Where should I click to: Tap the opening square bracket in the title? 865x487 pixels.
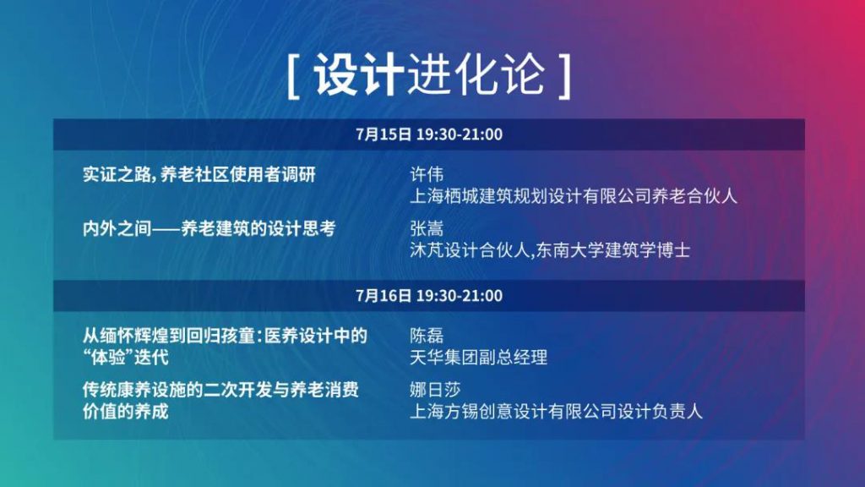(292, 76)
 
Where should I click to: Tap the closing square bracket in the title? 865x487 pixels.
(564, 76)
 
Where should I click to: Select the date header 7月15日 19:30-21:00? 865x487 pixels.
(429, 134)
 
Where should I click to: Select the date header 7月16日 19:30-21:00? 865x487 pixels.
(429, 295)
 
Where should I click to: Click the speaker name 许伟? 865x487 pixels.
(427, 174)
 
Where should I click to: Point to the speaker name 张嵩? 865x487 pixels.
(427, 228)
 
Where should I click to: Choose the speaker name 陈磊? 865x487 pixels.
(427, 335)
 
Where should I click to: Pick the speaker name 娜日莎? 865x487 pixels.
(435, 390)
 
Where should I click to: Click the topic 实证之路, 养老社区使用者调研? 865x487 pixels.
(199, 174)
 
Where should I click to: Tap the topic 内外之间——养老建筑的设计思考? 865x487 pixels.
(209, 228)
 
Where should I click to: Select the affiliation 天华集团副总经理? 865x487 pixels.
(479, 358)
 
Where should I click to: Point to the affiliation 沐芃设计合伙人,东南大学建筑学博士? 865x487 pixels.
(550, 250)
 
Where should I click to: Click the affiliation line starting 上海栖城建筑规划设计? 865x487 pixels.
(574, 196)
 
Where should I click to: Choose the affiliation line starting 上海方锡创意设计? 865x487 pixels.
(556, 412)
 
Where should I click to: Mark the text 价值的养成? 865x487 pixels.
(125, 412)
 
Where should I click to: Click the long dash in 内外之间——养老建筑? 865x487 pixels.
(166, 229)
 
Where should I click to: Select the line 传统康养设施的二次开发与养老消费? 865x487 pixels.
(220, 390)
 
